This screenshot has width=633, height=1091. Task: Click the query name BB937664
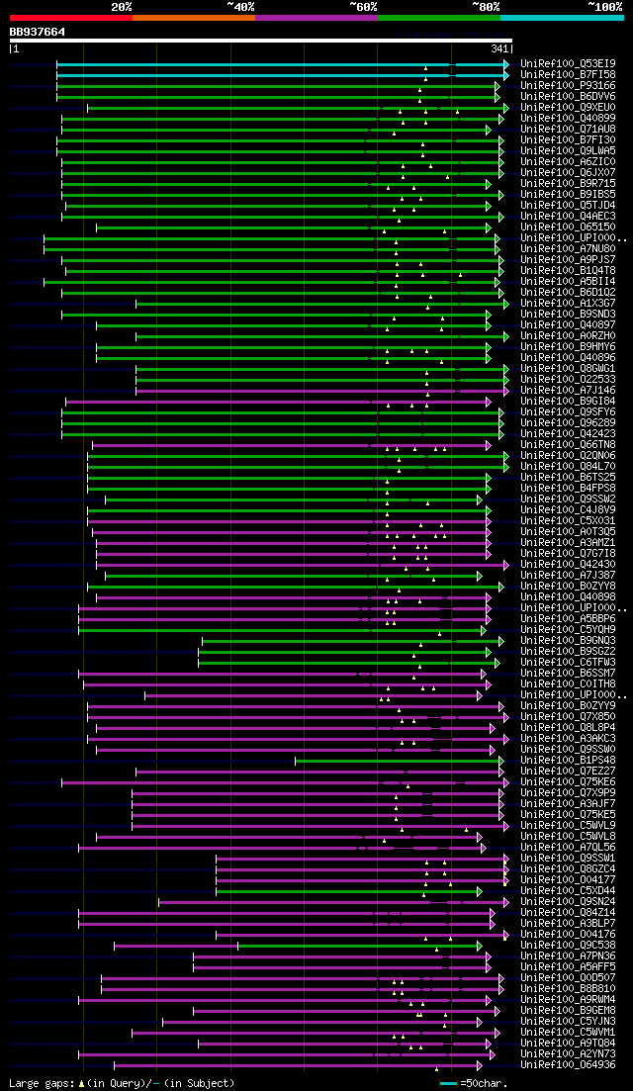coord(38,32)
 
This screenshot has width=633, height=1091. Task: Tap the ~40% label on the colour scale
coord(240,7)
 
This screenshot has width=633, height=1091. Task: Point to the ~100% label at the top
coord(605,7)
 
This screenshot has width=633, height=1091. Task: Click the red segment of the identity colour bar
coord(70,18)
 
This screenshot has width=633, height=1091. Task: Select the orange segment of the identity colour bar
coord(193,18)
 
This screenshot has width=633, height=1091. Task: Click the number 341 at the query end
coord(499,48)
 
